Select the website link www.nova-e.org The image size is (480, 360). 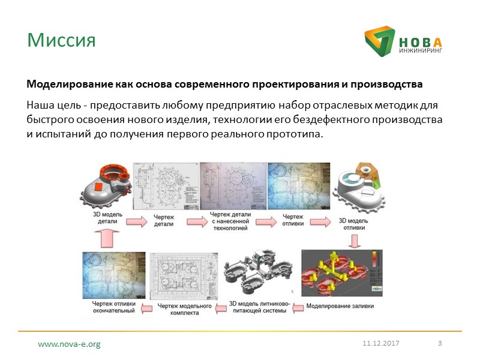(69, 344)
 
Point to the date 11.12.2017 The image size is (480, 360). (380, 343)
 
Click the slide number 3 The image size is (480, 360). (440, 343)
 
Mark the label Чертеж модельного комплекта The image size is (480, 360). (184, 307)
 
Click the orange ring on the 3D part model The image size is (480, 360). (113, 176)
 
